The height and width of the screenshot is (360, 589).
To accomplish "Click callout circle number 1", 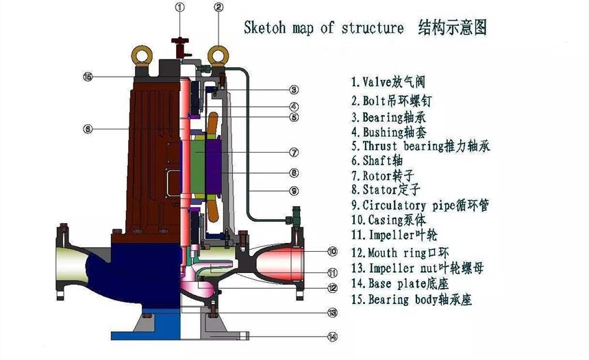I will click(179, 8).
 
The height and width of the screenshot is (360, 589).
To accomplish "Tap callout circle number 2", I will click(218, 8).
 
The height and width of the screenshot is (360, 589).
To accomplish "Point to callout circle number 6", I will click(87, 128).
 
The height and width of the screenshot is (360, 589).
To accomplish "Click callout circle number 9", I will click(293, 190).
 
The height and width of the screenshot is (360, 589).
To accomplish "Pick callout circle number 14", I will click(332, 336).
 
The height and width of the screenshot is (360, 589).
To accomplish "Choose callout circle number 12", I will click(332, 287).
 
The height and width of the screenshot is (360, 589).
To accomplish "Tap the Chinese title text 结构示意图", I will click(452, 28).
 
